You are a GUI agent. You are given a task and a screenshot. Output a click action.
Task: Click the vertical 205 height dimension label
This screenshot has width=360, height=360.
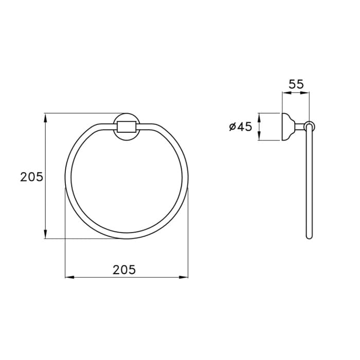31,177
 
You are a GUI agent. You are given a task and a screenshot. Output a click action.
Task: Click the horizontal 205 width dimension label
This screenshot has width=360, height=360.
124,269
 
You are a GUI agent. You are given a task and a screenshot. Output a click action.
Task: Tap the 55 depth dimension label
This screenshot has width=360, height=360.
296,84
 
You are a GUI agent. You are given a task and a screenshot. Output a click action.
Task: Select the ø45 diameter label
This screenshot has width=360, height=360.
241,127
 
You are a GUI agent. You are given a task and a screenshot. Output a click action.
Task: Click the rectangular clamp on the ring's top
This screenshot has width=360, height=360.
127,127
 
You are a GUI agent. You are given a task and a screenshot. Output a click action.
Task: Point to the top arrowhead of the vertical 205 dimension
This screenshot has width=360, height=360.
45,118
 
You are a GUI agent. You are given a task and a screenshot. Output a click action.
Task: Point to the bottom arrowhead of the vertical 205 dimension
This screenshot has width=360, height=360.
45,234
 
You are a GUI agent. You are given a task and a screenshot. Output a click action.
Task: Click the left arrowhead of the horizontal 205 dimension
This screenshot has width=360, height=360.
70,277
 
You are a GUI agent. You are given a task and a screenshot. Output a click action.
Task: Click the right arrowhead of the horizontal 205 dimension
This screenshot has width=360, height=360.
184,277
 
